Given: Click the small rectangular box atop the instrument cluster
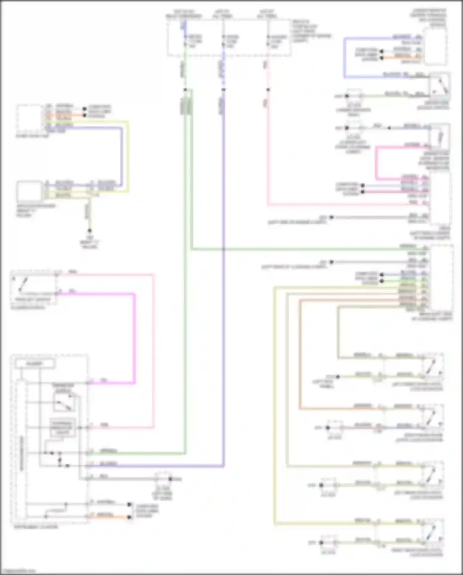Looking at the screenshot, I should tap(35, 364).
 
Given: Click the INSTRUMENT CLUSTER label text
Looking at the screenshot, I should tap(36, 526).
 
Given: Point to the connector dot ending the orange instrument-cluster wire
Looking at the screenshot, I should tap(129, 517).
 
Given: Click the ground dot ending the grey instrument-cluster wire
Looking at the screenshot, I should tap(170, 479).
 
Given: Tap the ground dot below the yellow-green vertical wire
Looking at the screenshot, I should tap(90, 231).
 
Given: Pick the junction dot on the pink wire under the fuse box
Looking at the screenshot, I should tap(268, 90).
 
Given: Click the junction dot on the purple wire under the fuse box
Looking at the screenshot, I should tap(223, 90).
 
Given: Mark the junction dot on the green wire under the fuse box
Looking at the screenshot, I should tap(185, 90).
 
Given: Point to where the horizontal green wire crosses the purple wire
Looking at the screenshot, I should tap(223, 249).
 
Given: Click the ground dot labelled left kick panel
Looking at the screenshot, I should tap(338, 377).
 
